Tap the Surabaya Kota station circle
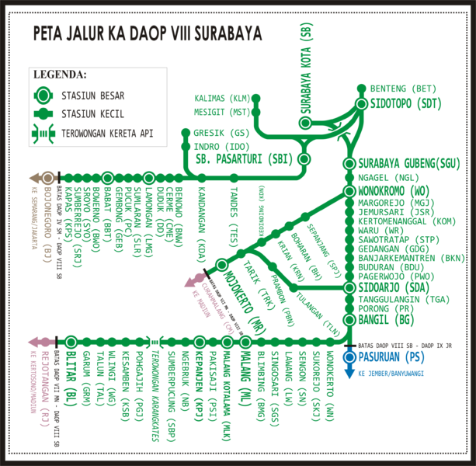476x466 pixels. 306,123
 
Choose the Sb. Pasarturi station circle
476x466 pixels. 304,159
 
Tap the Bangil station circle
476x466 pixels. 349,320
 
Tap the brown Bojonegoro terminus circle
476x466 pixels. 48,177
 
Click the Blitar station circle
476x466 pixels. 71,341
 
